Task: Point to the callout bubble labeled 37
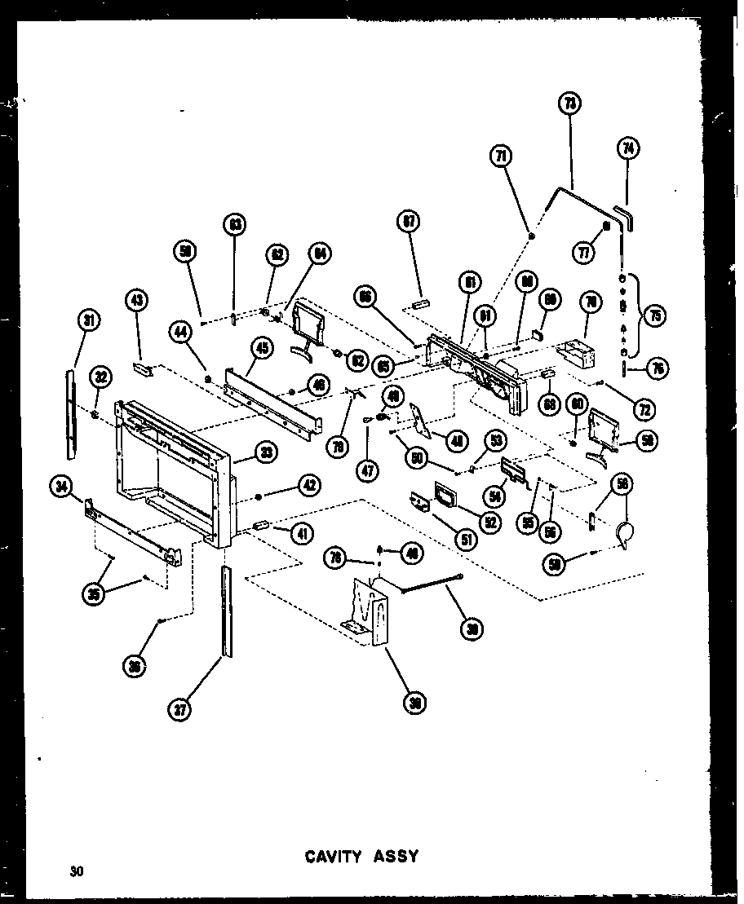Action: (180, 710)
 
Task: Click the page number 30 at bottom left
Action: (77, 871)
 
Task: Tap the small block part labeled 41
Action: (261, 526)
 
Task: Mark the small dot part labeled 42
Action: (259, 496)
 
